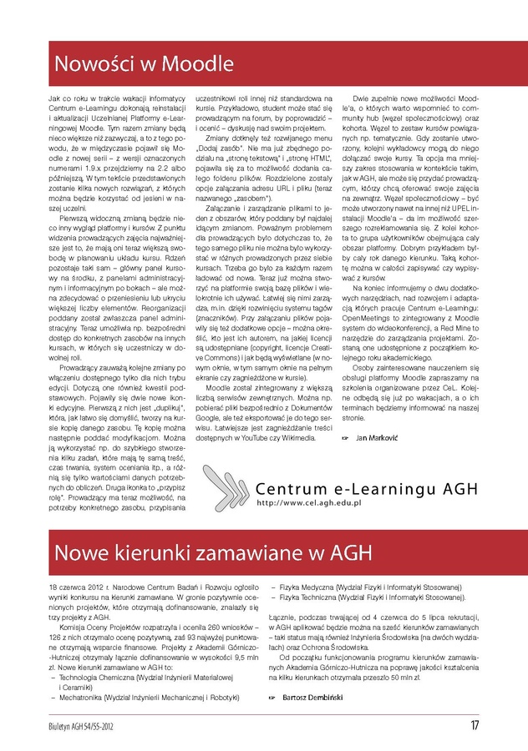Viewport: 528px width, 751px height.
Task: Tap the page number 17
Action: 475,725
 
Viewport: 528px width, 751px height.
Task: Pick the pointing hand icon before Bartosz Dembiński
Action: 273,695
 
